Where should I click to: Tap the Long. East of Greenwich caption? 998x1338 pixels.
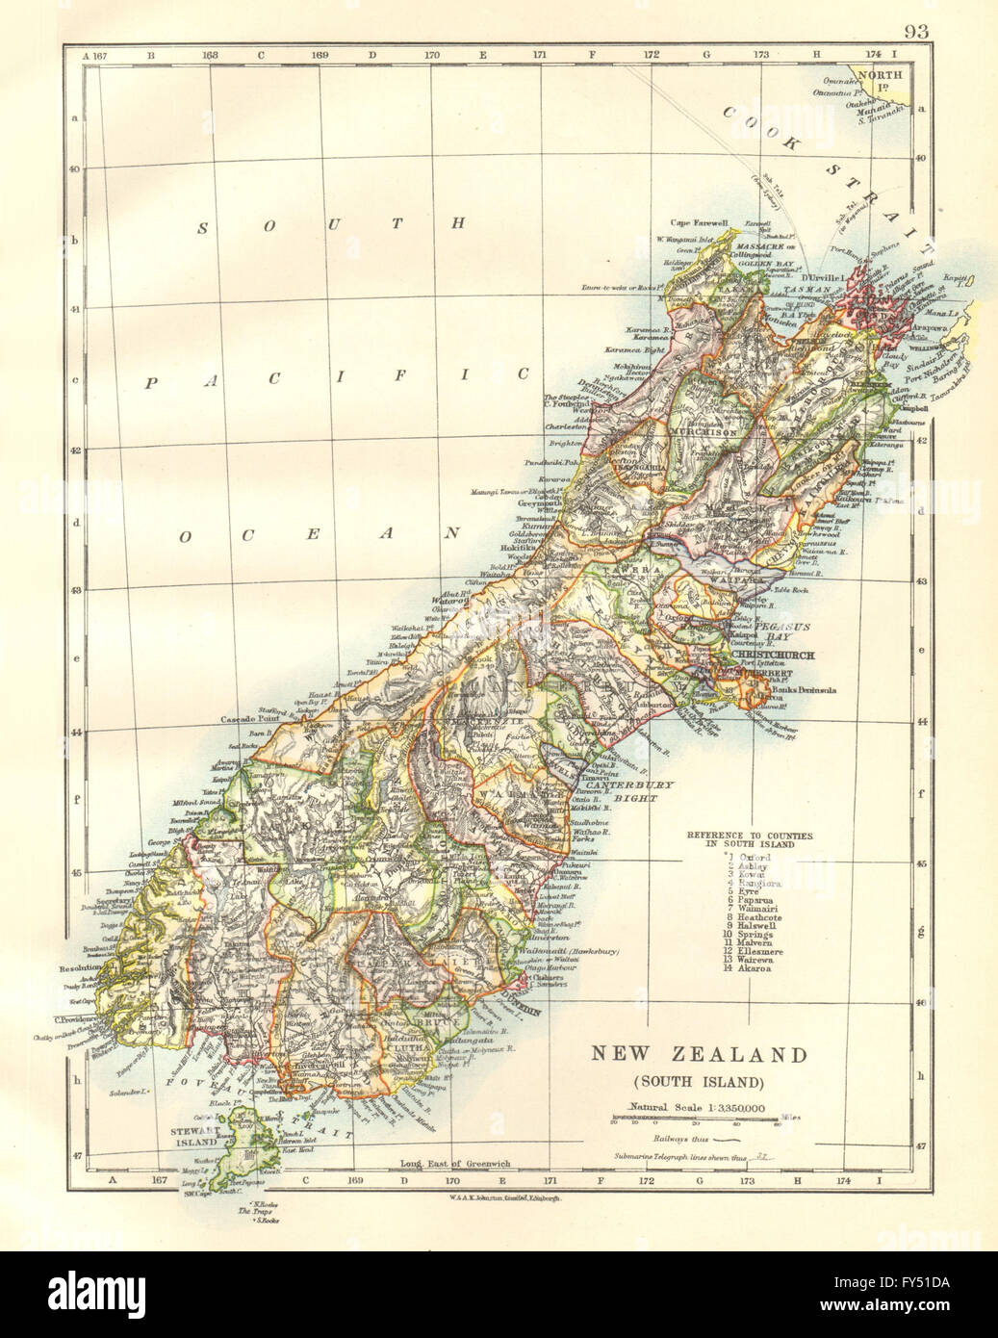448,1165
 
